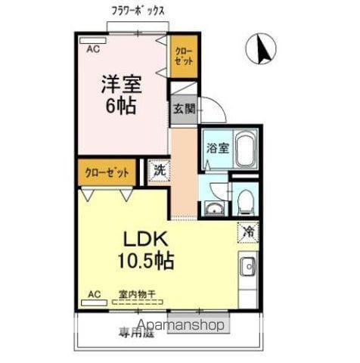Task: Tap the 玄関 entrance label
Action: coord(183,108)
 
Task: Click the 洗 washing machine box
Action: coord(159,170)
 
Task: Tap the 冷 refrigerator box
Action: coord(247,231)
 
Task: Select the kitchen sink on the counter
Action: coord(247,266)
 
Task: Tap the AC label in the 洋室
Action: coord(92,49)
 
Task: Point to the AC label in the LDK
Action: coord(94,293)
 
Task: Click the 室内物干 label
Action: coord(138,294)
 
